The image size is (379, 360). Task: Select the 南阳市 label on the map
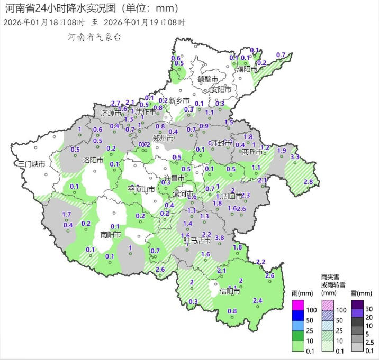(x=111, y=234)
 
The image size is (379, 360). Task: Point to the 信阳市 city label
(x=230, y=291)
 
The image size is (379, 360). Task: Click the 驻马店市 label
(x=197, y=241)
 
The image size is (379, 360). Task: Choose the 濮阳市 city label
(x=247, y=69)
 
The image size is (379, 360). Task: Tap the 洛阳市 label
(x=93, y=159)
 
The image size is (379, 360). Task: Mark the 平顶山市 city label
(x=141, y=189)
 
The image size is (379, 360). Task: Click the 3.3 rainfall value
(x=295, y=157)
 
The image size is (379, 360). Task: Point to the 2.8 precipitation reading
(x=308, y=182)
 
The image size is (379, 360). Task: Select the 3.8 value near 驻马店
(x=220, y=238)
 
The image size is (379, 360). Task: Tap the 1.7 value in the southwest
(x=67, y=214)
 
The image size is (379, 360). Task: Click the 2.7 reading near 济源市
(x=116, y=103)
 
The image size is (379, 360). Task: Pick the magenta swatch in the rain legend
(x=297, y=304)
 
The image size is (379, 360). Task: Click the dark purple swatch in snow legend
(x=356, y=304)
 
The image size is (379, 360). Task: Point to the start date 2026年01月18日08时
(x=43, y=22)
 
